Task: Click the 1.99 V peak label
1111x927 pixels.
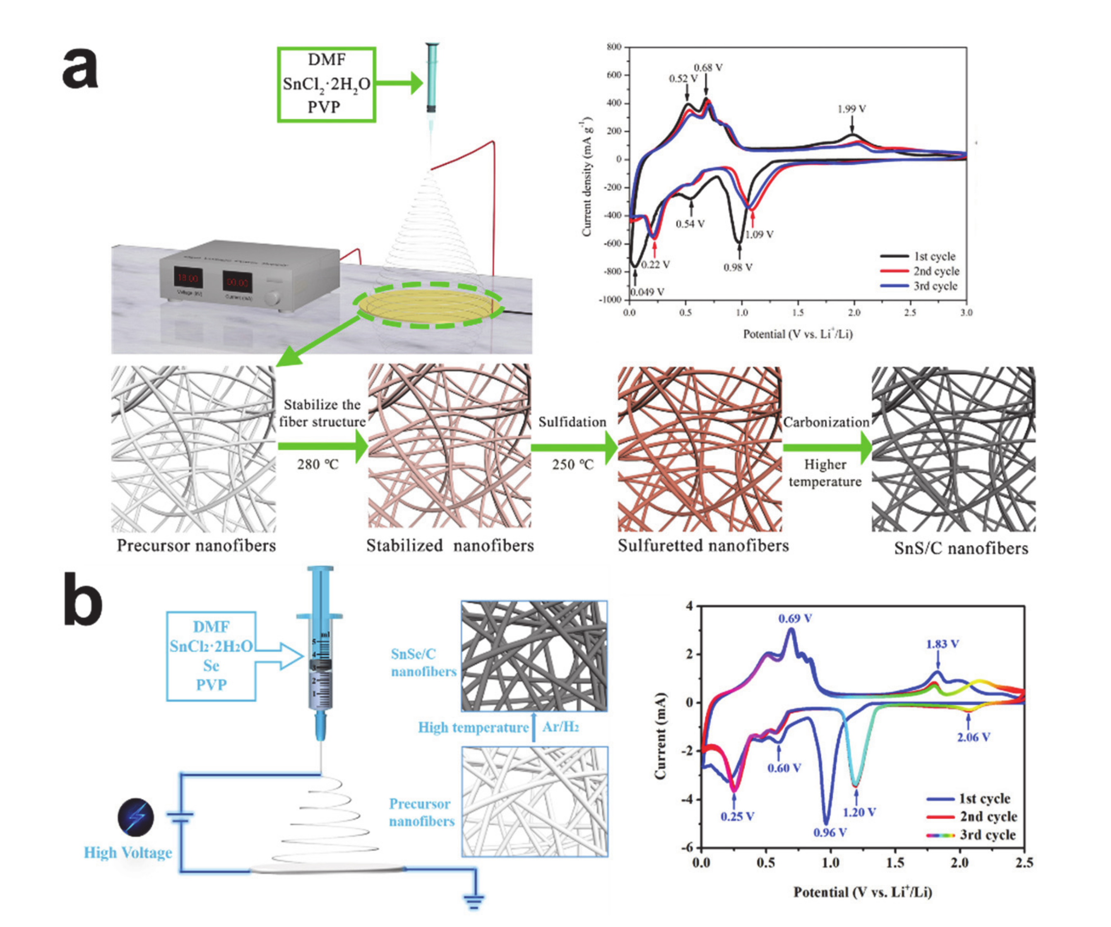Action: pos(851,109)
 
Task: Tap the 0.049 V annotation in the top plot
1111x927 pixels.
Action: pos(647,292)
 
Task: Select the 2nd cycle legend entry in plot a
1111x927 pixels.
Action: pos(936,271)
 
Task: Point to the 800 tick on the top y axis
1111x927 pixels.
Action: pos(614,47)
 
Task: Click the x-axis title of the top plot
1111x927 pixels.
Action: pos(798,334)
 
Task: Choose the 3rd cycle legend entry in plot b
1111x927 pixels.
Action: pos(988,835)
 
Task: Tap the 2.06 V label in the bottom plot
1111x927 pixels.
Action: pos(974,737)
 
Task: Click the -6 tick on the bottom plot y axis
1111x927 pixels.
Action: pos(687,848)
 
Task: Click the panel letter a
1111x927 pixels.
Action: pos(80,68)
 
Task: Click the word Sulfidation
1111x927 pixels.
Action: pos(572,422)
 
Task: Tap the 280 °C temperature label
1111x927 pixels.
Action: pos(317,464)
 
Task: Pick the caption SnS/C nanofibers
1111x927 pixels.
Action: pos(961,548)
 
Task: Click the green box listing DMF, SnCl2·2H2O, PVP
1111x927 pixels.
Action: pos(327,84)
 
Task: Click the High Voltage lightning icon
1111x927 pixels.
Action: pos(136,817)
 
